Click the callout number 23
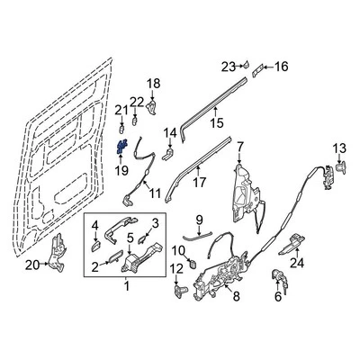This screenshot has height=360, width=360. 227,65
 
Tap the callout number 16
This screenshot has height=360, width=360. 281,66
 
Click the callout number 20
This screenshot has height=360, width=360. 31,265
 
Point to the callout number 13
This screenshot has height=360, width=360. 339,148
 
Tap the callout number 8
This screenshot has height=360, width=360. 237,295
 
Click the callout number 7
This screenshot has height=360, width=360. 239,145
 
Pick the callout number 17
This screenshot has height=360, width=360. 200,182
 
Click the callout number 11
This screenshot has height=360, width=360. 154,193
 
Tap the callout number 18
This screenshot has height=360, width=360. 153,83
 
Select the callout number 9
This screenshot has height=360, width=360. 200,219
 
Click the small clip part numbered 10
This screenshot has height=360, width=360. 192,262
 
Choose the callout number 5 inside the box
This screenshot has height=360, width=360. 130,238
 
